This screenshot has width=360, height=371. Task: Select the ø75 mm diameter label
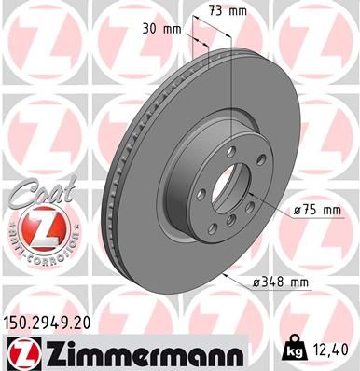318,210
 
